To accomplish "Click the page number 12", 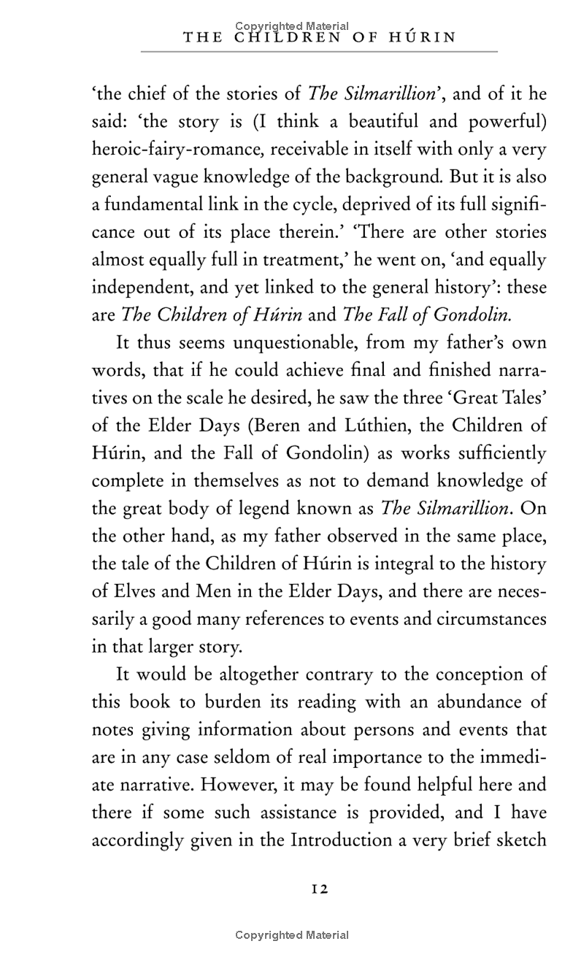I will [320, 888].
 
